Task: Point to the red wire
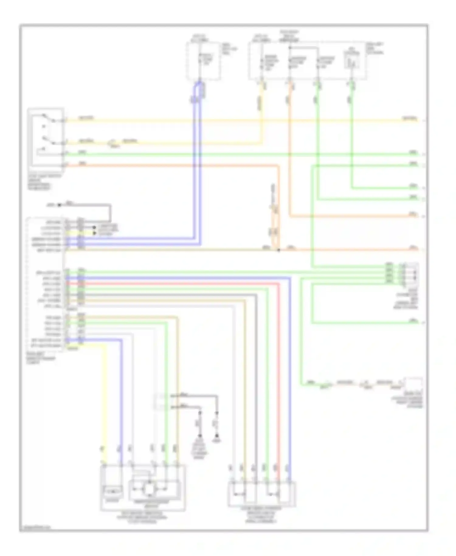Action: [x=278, y=365]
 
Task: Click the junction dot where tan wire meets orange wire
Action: [x=278, y=250]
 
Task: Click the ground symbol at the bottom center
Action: [x=217, y=440]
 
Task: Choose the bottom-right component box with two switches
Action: [x=262, y=494]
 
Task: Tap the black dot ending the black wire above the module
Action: [x=60, y=205]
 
